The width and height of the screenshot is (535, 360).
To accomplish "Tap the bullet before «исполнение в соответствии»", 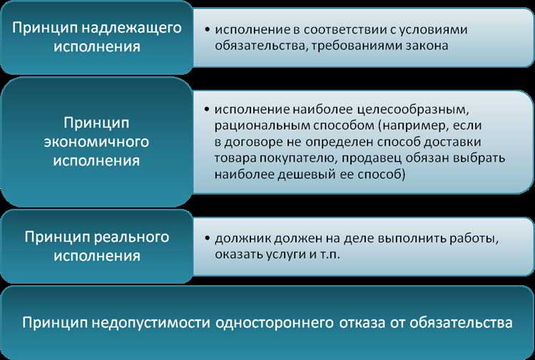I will point(206,30).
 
